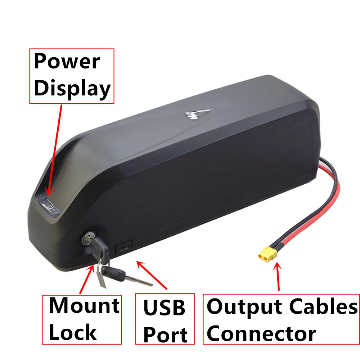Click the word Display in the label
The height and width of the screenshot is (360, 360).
tap(72, 89)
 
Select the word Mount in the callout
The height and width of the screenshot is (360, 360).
tap(84, 306)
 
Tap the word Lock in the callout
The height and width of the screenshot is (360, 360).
tap(73, 332)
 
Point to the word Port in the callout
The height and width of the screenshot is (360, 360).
tap(165, 334)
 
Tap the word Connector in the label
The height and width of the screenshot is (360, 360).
tap(262, 333)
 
